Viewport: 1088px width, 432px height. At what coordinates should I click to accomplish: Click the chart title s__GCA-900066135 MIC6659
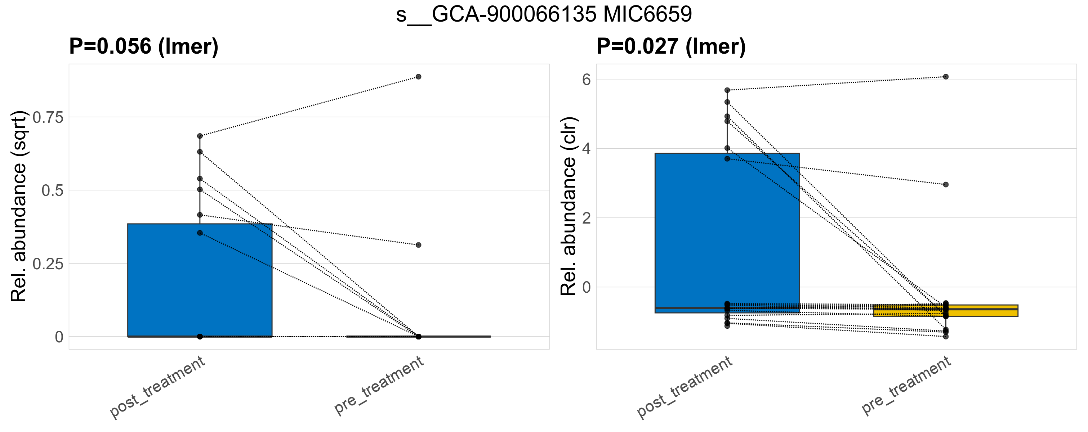pos(544,14)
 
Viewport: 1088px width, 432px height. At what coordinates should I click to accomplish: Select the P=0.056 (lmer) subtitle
pos(144,46)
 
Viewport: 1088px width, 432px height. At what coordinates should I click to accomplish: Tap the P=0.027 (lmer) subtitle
pos(671,46)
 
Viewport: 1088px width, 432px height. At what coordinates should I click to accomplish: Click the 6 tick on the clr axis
pos(586,79)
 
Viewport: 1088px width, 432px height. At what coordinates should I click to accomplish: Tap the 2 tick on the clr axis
pos(586,218)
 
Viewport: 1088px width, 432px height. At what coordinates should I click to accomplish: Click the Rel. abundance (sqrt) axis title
pos(19,206)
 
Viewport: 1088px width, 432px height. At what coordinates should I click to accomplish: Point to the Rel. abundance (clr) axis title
pos(568,206)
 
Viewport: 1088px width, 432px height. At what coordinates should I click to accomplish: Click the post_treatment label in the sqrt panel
pos(157,387)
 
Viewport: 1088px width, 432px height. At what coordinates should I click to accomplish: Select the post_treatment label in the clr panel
pos(685,387)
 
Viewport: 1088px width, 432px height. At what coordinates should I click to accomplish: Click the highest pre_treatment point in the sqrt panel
pos(418,77)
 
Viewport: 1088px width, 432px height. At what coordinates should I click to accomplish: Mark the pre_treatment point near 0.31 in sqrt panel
pos(418,245)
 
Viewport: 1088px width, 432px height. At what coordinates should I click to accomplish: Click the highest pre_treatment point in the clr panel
pos(946,77)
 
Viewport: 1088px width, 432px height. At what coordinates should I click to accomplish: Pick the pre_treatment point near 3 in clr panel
pos(946,185)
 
